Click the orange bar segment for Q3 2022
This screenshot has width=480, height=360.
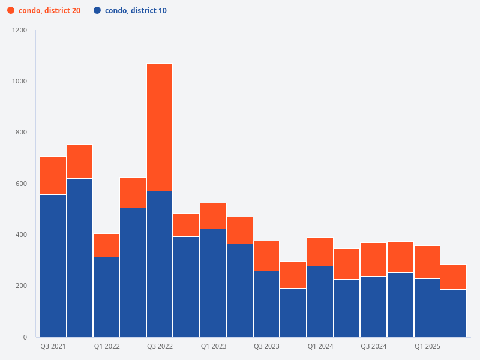(x=160, y=127)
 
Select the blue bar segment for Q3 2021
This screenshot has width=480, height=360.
(x=53, y=266)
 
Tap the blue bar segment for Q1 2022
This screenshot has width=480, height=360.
(x=106, y=297)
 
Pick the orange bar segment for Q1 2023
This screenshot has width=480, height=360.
(x=213, y=216)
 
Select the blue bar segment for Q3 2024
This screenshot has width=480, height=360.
(x=373, y=307)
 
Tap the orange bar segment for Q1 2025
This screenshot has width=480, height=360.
(x=427, y=262)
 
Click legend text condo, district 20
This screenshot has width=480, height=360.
(x=49, y=11)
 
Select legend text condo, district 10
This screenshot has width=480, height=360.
(x=136, y=11)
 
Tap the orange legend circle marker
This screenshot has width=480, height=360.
(x=11, y=11)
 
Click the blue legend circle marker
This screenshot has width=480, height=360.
(x=97, y=11)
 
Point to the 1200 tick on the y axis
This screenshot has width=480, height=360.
(x=20, y=30)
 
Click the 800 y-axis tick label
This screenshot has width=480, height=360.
(x=22, y=133)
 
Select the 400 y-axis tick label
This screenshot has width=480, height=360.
(x=22, y=235)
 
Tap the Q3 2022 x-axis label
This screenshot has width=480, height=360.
(x=160, y=347)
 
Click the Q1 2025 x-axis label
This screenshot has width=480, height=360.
(x=427, y=347)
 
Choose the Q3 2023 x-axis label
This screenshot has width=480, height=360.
(x=266, y=347)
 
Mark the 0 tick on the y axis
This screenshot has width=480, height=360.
(x=25, y=337)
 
